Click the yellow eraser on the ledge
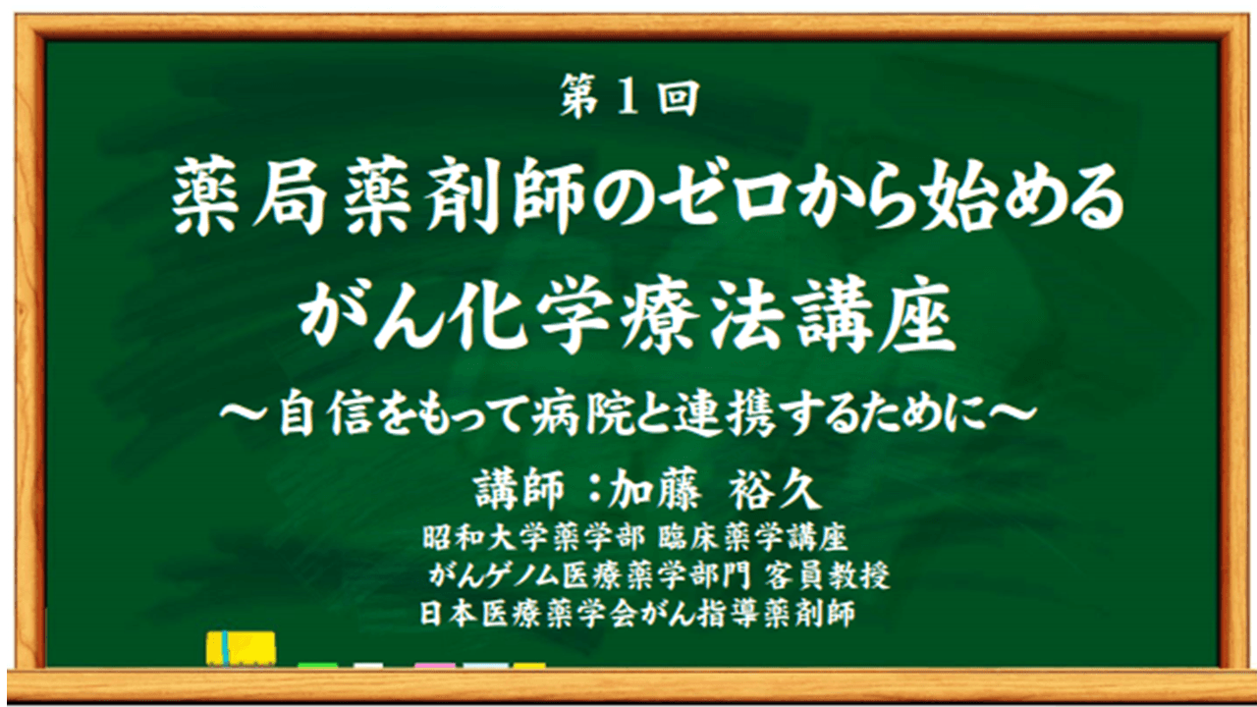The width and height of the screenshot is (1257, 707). [x=242, y=649]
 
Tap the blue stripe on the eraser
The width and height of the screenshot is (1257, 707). [x=226, y=649]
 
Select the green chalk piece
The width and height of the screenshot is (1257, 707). [x=317, y=666]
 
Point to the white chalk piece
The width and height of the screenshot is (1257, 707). [x=369, y=666]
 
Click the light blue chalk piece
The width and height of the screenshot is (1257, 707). [x=486, y=666]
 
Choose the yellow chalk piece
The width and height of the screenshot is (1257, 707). [x=529, y=666]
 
